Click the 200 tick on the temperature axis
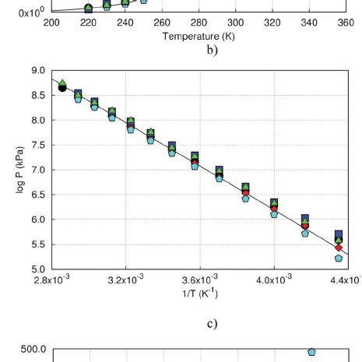coord(51,23)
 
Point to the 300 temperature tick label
coord(236,23)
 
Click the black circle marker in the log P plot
coord(62,87)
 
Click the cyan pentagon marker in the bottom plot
coord(311,353)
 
